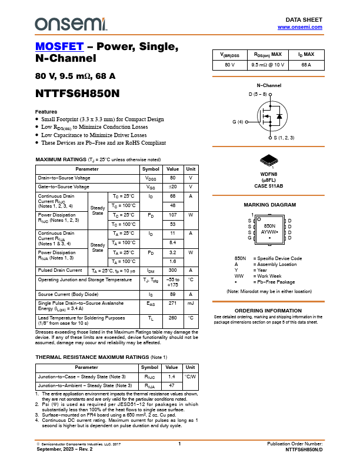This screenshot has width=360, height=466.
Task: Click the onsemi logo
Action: tap(71, 24)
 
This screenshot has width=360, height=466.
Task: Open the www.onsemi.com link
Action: tap(300, 27)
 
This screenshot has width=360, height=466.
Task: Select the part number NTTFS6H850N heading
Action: tap(78, 93)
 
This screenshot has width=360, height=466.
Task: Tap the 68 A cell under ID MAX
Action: tap(306, 65)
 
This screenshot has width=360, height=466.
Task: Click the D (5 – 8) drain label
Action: tap(258, 94)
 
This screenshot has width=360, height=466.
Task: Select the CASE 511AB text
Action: tap(269, 186)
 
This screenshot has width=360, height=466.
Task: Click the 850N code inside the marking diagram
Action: tap(269, 225)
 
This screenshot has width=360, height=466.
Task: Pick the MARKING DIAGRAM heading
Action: tap(269, 205)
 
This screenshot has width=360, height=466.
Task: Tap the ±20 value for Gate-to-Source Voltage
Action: tap(173, 187)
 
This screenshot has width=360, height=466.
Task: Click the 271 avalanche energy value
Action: tap(173, 304)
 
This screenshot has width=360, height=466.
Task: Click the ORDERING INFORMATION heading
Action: tap(268, 311)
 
